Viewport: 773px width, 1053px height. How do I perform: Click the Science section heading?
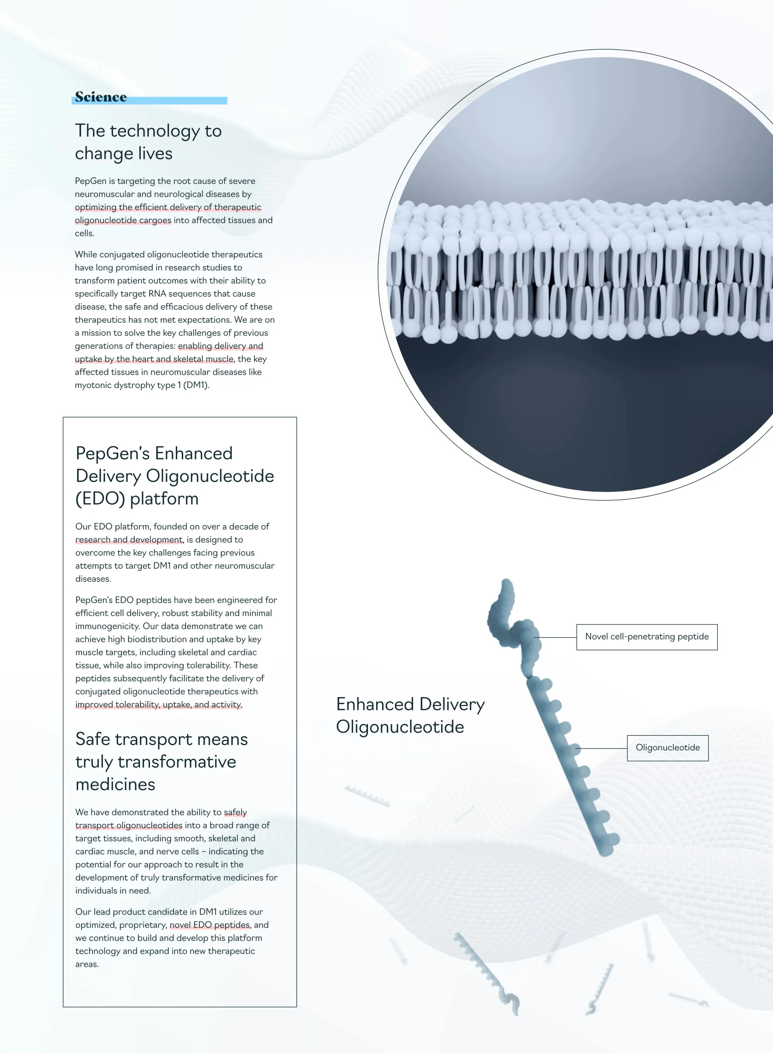coord(100,97)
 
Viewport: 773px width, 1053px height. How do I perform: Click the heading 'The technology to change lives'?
coord(148,142)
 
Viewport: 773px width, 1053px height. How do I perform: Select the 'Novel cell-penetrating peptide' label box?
coord(647,637)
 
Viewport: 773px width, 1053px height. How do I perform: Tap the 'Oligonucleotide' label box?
coord(668,747)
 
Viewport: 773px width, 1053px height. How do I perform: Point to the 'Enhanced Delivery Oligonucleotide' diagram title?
coord(410,715)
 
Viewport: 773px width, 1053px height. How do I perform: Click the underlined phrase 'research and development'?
coord(129,539)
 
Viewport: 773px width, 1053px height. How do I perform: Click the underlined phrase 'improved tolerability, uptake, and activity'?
coord(158,704)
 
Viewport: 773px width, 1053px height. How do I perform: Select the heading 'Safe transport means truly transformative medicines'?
coord(162,762)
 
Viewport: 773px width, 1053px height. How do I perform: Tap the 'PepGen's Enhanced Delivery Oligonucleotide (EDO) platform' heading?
coord(175,476)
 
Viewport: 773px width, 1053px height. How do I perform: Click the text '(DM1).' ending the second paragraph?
coord(196,385)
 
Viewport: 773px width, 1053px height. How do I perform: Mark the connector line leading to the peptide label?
coord(555,637)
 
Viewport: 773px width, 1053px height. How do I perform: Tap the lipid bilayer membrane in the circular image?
coord(580,269)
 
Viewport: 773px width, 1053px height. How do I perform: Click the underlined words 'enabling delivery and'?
coord(220,346)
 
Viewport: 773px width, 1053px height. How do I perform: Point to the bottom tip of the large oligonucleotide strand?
coord(605,853)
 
